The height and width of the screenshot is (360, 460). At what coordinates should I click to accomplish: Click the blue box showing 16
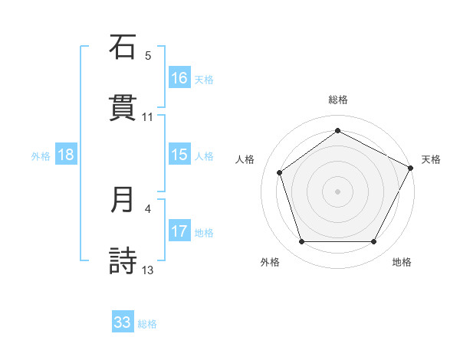[x=179, y=78]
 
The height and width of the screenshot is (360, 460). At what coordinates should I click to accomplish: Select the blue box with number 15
[x=179, y=155]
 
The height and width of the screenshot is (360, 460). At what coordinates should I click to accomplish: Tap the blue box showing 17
[x=179, y=231]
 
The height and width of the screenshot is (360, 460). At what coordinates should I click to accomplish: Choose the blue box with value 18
[x=66, y=155]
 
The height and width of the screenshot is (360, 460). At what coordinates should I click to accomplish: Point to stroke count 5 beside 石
[x=148, y=56]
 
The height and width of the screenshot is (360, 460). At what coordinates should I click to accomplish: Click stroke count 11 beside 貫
[x=148, y=117]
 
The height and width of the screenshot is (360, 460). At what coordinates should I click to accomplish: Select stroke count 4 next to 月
[x=148, y=208]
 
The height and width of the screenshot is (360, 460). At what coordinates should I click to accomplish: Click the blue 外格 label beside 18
[x=41, y=156]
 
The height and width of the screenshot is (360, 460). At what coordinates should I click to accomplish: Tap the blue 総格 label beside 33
[x=147, y=324]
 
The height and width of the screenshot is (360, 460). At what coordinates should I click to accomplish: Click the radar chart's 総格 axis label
[x=337, y=100]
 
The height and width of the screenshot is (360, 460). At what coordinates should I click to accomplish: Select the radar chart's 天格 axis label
[x=431, y=159]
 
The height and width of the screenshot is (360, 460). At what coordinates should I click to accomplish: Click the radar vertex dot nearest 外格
[x=302, y=242]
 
